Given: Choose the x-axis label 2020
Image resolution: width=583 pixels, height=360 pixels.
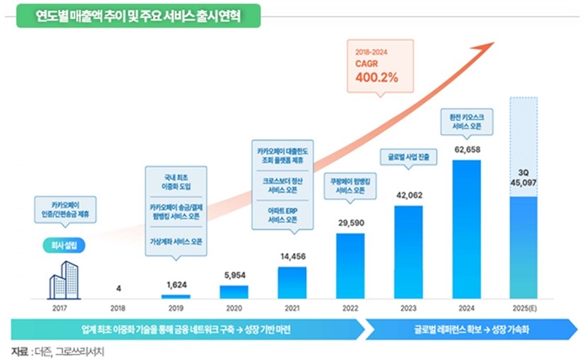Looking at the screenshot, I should (x=234, y=308).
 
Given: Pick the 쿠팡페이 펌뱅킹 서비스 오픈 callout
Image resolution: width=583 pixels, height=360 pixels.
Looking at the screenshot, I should (x=351, y=184).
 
